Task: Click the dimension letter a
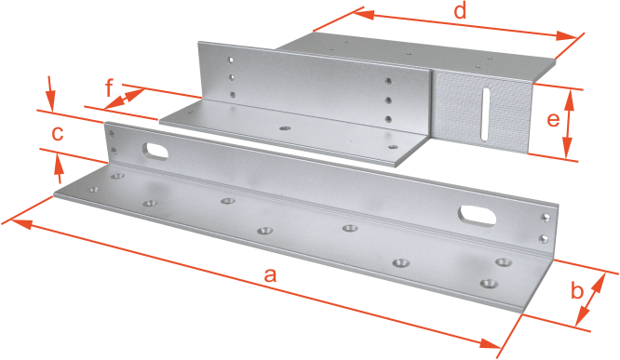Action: pyautogui.click(x=270, y=275)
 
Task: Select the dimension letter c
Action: pyautogui.click(x=58, y=134)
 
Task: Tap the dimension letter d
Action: pyautogui.click(x=460, y=11)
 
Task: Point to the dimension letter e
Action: pyautogui.click(x=553, y=119)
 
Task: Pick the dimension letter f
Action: pyautogui.click(x=111, y=88)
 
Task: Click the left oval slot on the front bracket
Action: pyautogui.click(x=155, y=152)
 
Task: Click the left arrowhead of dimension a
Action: pyautogui.click(x=19, y=223)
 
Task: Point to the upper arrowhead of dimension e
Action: pyautogui.click(x=569, y=100)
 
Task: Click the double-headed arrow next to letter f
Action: pyautogui.click(x=124, y=99)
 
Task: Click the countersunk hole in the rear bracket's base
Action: pyautogui.click(x=285, y=128)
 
